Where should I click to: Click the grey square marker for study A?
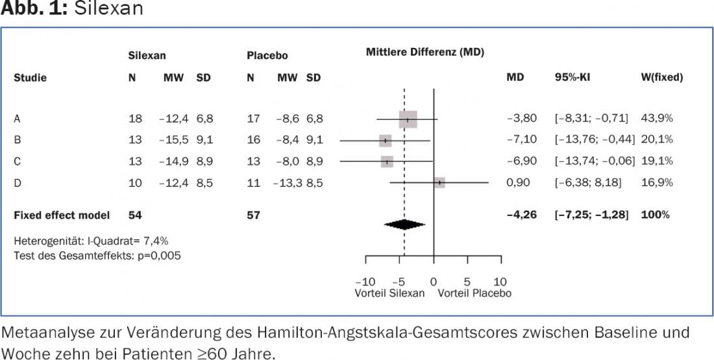click(408, 119)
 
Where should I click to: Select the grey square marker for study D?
click(439, 183)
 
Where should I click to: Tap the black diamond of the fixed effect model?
click(404, 224)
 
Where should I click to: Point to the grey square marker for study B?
click(386, 141)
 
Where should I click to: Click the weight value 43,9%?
click(657, 118)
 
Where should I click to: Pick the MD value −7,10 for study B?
click(521, 139)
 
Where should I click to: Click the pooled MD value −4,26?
click(521, 215)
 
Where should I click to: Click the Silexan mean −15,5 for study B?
click(173, 139)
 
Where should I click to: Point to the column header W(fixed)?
click(661, 77)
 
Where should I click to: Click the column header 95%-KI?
click(573, 77)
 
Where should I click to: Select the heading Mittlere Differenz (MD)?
click(425, 52)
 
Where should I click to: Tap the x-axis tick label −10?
click(365, 282)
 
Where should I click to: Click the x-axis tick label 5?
click(467, 282)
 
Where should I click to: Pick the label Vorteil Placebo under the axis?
click(474, 293)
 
